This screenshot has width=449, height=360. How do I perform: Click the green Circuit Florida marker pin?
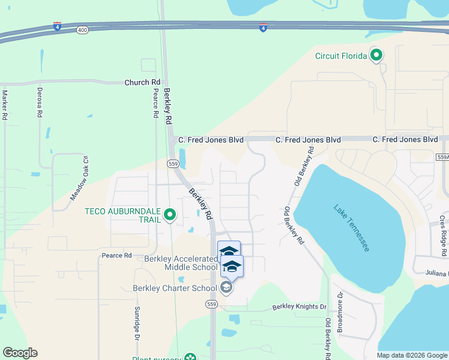click(376, 56)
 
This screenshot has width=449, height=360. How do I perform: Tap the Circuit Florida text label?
click(341, 56)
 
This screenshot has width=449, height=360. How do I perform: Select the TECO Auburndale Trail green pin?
click(170, 214)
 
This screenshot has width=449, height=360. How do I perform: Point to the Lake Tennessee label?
click(352, 228)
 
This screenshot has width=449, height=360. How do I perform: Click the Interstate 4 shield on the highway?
click(263, 28)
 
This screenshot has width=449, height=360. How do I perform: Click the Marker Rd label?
click(4, 105)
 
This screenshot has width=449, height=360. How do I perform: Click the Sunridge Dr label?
click(137, 325)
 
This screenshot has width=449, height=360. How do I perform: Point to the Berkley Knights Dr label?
click(299, 307)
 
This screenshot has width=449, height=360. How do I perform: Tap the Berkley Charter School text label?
click(175, 288)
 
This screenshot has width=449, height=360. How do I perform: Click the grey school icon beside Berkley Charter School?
click(226, 289)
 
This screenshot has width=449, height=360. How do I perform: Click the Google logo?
click(20, 353)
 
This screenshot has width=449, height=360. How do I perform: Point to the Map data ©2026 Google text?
click(412, 355)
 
